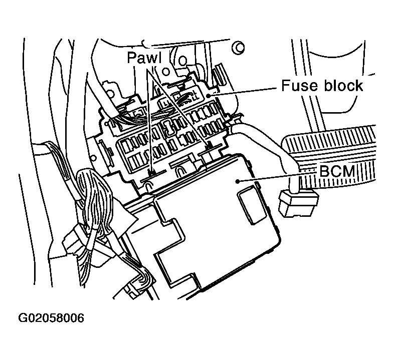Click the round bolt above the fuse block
click(239, 48)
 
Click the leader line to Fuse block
click(246, 90)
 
